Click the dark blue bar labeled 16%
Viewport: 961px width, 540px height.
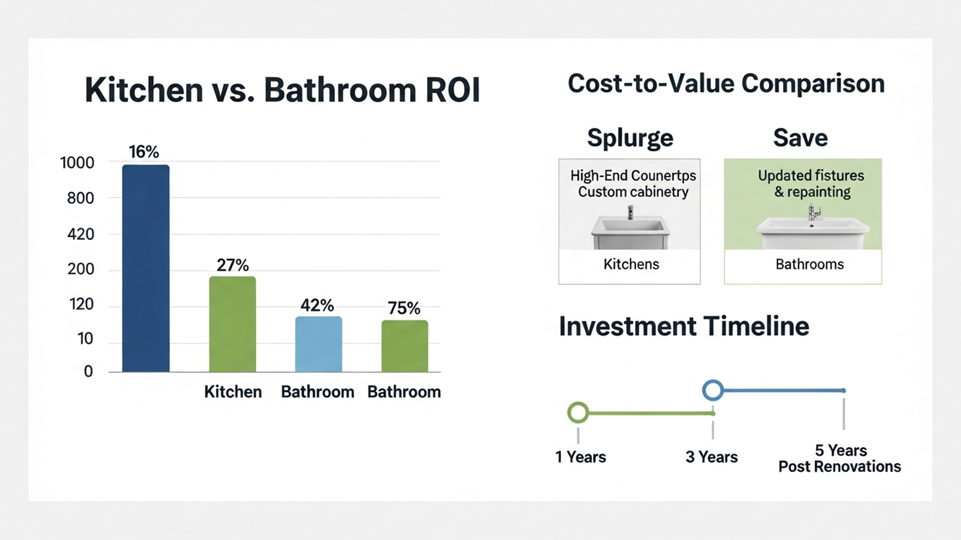tap(146, 268)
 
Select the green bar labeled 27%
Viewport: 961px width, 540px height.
tap(232, 324)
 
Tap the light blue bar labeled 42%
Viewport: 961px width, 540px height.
tap(318, 344)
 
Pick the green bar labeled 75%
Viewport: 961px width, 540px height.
tap(404, 346)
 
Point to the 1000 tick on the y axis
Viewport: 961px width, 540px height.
tap(77, 163)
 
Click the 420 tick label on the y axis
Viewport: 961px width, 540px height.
tap(81, 234)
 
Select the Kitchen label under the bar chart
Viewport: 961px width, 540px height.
tap(233, 391)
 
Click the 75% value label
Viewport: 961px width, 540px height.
tap(404, 308)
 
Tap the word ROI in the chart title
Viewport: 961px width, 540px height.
tap(452, 90)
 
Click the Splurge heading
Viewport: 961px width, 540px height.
tap(630, 138)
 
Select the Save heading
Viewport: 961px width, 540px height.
tap(800, 138)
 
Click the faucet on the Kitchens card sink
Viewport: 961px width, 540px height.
tap(630, 213)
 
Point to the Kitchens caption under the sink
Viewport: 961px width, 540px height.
tap(631, 264)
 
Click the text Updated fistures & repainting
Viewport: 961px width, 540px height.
tap(811, 183)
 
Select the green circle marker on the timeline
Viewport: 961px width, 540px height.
tap(578, 413)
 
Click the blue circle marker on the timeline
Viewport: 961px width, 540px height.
tap(713, 390)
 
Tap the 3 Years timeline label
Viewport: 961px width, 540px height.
tap(711, 456)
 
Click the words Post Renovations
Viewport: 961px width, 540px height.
tap(839, 466)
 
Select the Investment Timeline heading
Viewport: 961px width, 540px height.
tap(684, 326)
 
